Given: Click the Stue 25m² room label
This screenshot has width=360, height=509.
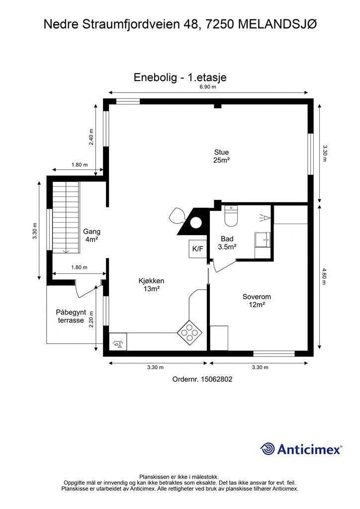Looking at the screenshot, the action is coord(221,156).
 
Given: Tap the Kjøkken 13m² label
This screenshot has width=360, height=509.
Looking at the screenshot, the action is coord(151,285).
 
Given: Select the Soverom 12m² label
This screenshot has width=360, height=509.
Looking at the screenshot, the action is coord(257,301).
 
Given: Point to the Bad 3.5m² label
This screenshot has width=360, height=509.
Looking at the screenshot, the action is coord(227,243).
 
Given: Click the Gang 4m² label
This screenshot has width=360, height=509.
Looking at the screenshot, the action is coord(91,235).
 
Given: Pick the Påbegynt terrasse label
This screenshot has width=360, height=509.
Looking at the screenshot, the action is coord(71,316).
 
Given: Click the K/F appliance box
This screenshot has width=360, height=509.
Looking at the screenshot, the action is coord(198,249).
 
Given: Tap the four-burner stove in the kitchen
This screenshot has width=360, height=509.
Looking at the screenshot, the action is coord(189,333).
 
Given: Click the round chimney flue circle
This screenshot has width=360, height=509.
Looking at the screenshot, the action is coord(195,223).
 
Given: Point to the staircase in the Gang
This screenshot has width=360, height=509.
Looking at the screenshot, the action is coord(66,217).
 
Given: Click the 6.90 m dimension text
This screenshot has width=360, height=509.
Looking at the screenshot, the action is coord(208,86).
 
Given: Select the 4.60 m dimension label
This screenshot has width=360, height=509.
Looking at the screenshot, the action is coord(324,276).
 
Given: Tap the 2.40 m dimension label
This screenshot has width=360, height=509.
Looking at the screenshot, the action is coord(91,137).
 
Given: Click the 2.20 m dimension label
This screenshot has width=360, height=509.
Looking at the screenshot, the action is coord(91,320).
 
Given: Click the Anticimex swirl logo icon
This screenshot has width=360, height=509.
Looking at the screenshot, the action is coord(268,449).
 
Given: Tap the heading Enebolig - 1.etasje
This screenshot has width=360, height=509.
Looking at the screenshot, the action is coord(180,78).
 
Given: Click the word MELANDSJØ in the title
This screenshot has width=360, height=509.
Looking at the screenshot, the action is coord(277,24).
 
